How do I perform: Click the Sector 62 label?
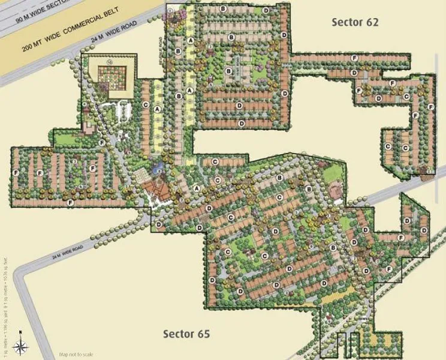pos(356,22)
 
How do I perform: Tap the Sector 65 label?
pos(186,333)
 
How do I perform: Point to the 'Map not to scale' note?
pos(76,353)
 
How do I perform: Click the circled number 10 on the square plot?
pos(110,61)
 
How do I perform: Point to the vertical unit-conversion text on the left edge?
pos(5,272)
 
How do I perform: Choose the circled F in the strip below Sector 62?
pos(355,56)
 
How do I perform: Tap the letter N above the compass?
pos(20,332)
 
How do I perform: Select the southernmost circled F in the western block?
pos(71,203)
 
